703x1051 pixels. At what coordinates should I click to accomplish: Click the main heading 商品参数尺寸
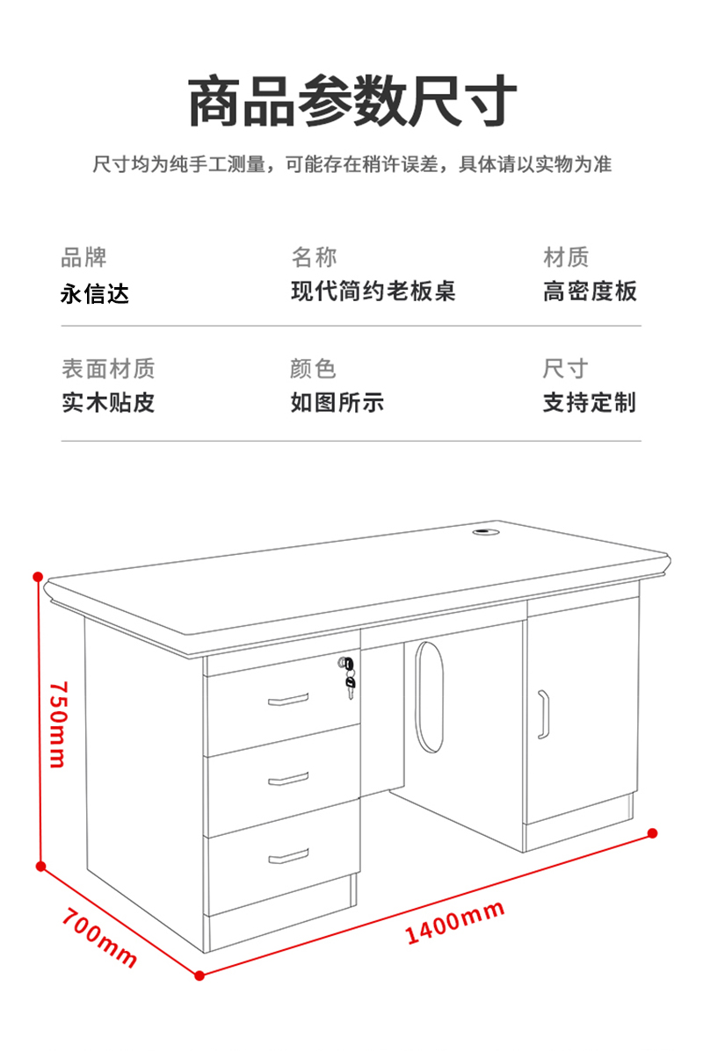pos(352,101)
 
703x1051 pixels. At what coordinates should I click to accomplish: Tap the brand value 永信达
pos(95,293)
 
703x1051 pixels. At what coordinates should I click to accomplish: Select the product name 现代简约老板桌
pos(373,291)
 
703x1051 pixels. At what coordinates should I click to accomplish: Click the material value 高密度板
pos(590,291)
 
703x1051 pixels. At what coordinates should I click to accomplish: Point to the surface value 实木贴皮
pos(108,402)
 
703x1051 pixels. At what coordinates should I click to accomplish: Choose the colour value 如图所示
pos(337,402)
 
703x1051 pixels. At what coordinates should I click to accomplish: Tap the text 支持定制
pos(590,402)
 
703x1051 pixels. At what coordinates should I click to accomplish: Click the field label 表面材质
pos(108,369)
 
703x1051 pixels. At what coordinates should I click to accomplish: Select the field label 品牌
pos(83,256)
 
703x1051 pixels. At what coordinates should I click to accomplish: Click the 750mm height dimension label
pos(58,724)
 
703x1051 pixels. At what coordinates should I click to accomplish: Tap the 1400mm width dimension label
pos(455,922)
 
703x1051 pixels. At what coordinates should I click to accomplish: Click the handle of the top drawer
pos(288,700)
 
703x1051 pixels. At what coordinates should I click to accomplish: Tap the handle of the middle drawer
pos(288,779)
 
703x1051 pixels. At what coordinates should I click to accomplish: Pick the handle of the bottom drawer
pos(288,856)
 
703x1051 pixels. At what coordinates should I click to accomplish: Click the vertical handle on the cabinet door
pos(543,715)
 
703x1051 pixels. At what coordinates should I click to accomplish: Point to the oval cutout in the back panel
pos(429,697)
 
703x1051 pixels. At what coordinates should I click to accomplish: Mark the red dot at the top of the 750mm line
pos(39,577)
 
